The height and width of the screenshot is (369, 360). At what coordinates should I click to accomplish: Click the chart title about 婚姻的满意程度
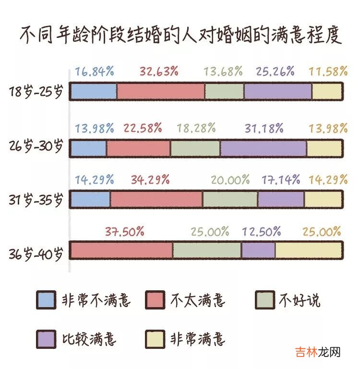click(x=180, y=35)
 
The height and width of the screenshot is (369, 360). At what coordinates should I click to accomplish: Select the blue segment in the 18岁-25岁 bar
click(x=94, y=91)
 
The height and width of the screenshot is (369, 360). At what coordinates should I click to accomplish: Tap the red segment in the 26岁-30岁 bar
click(x=138, y=148)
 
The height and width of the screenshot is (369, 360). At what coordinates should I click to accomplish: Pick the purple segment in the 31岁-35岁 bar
click(x=281, y=199)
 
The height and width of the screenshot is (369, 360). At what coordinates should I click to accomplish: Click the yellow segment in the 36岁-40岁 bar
click(x=308, y=250)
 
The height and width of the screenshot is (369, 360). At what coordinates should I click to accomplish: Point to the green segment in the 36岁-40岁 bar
click(x=207, y=250)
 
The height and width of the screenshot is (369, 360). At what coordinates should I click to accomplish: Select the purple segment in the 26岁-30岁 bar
click(x=264, y=148)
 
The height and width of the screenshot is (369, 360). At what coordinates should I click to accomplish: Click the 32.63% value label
click(x=159, y=71)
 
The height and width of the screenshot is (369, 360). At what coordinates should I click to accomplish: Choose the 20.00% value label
click(x=230, y=180)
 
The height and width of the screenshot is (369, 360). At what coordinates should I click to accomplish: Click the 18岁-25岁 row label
click(x=36, y=92)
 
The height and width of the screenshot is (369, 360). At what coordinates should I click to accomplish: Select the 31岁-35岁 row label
click(x=36, y=200)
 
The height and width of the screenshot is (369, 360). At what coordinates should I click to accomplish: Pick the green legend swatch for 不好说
click(x=264, y=300)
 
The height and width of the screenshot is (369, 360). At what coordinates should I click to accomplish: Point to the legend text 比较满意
click(x=89, y=339)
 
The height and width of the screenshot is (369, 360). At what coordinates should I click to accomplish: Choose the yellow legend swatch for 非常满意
click(x=155, y=339)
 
